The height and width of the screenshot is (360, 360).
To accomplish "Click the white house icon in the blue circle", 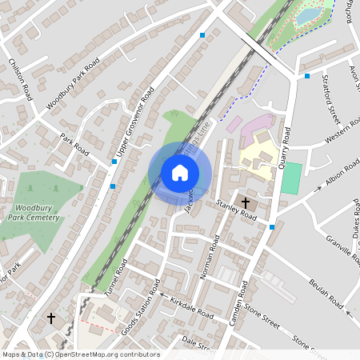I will [x=180, y=172].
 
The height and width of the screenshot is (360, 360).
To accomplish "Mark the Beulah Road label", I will [x=328, y=293].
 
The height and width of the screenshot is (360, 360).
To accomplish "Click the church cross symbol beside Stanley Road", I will [x=244, y=203].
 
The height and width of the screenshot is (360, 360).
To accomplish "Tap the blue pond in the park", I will [x=307, y=15].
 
